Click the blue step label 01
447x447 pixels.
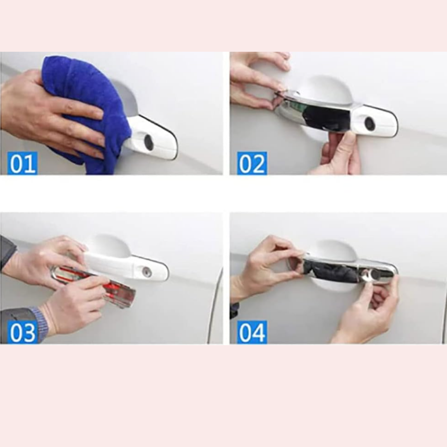point(22,163)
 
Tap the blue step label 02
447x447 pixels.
point(252,163)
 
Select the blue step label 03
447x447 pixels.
point(22,332)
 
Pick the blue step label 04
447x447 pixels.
point(252,332)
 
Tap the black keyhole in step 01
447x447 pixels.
point(149,142)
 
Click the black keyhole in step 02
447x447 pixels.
point(370,124)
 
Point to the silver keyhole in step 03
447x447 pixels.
point(147,272)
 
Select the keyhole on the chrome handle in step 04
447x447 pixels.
point(372,275)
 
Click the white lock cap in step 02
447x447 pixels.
point(375,121)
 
